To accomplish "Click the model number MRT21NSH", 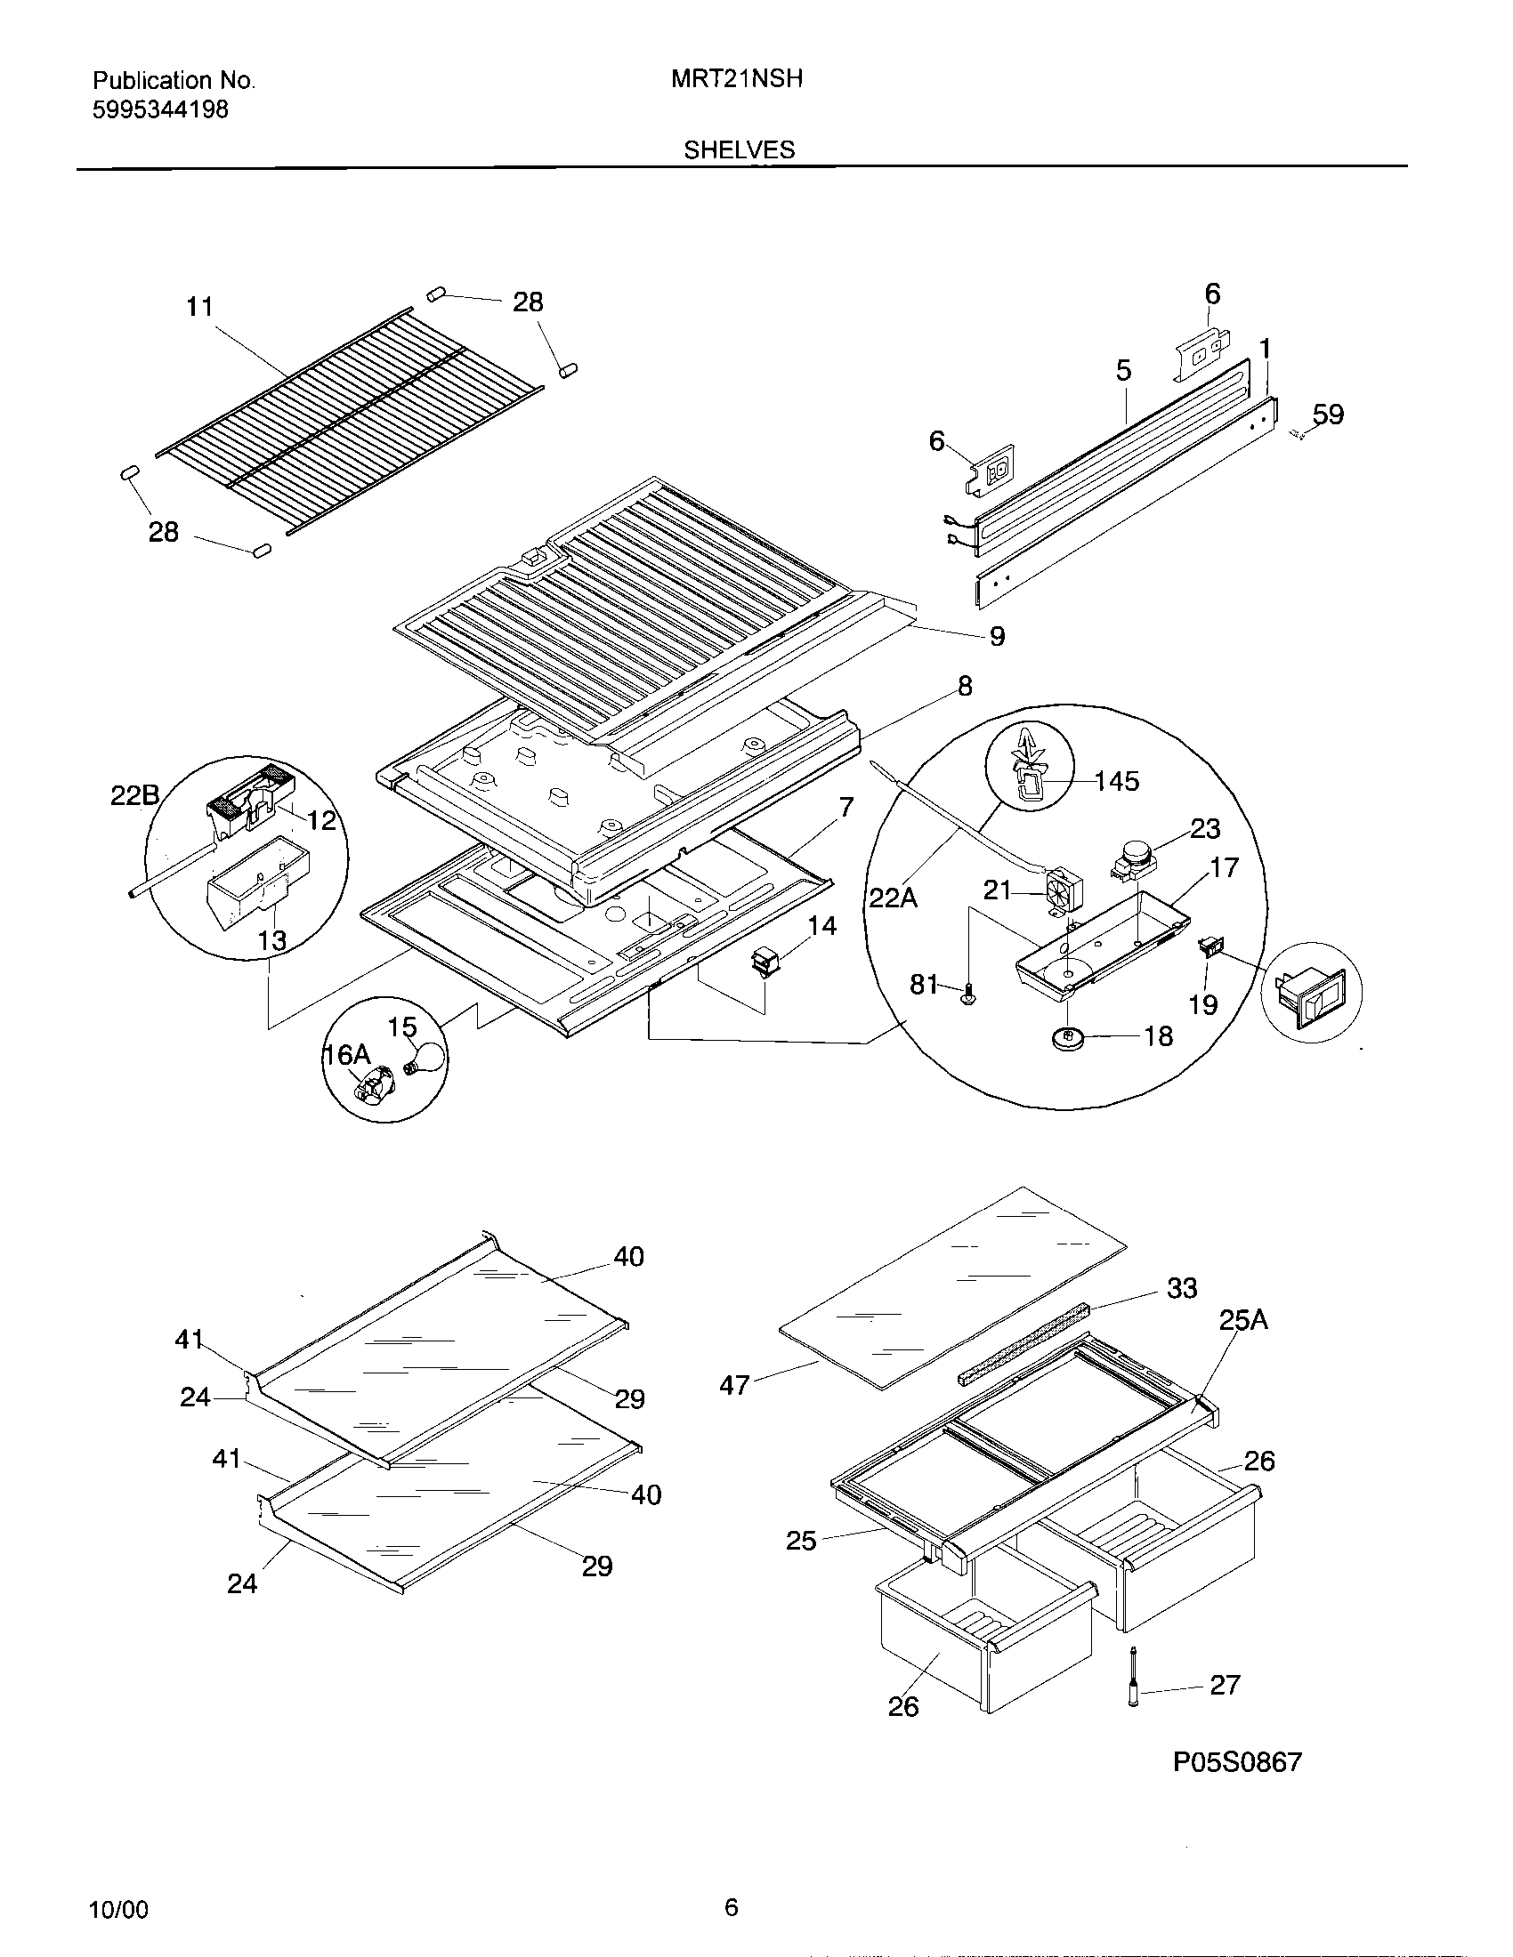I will pyautogui.click(x=736, y=79).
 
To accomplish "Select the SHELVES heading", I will pyautogui.click(x=739, y=149).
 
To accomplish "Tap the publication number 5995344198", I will pyautogui.click(x=160, y=109).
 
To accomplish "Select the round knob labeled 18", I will pyautogui.click(x=1066, y=1037).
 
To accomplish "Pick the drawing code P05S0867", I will pyautogui.click(x=1237, y=1762).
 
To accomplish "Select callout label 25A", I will pyautogui.click(x=1243, y=1320).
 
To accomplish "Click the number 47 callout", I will pyautogui.click(x=734, y=1385).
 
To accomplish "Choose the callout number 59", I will pyautogui.click(x=1328, y=415).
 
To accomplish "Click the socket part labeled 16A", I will pyautogui.click(x=373, y=1083).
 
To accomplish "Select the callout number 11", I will pyautogui.click(x=199, y=307).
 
